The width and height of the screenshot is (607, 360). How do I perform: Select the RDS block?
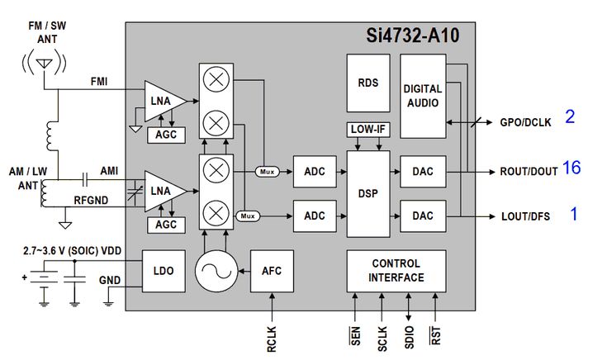[368, 83]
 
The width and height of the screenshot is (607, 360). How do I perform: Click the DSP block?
[368, 194]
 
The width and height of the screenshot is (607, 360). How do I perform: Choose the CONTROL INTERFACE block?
[396, 271]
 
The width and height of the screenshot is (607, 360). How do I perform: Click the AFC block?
[271, 271]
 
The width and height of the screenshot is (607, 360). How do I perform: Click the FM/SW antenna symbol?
[45, 64]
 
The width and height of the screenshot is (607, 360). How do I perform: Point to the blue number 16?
[571, 168]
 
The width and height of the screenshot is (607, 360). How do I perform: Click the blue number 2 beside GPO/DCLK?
[570, 116]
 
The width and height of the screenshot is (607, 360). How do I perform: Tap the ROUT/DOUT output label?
[529, 171]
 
